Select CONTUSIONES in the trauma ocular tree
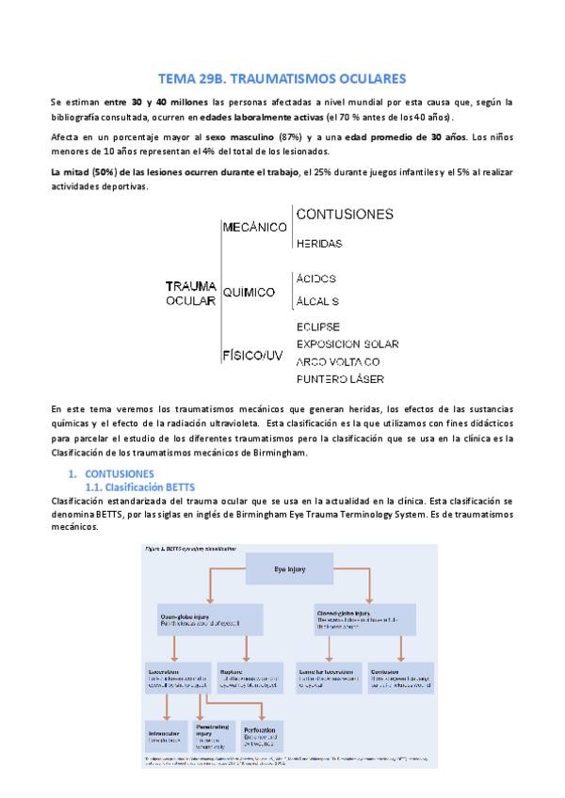(x=345, y=215)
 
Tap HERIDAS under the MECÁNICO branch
(x=318, y=243)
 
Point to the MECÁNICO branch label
(x=254, y=227)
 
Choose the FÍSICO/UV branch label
(x=252, y=356)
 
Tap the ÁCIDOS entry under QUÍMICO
(x=315, y=279)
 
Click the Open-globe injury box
(x=198, y=621)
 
